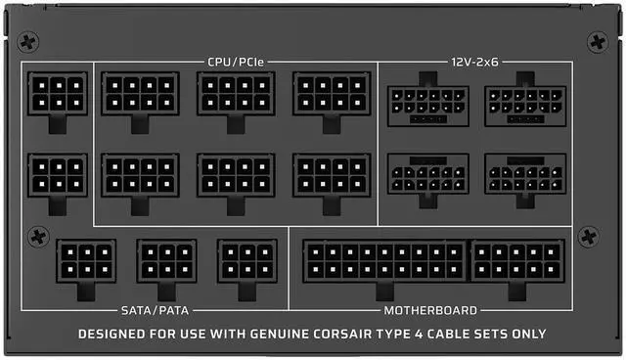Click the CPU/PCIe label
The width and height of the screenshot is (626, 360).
pos(236,63)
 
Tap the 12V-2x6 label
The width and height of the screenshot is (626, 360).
pos(474,63)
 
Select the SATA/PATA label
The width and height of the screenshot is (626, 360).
pos(155,310)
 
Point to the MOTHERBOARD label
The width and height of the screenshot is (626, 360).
pos(430,310)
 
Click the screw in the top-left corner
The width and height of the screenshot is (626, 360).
pos(28,42)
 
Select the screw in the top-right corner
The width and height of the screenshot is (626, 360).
pos(598,42)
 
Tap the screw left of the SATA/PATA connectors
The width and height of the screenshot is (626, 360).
pos(38,237)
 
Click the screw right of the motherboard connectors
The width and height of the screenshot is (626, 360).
pos(588,237)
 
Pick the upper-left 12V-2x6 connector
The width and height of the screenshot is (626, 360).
pos(428,100)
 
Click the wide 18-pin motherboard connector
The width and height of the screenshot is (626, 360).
pos(384,265)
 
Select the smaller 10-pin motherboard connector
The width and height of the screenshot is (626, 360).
pos(517,265)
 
